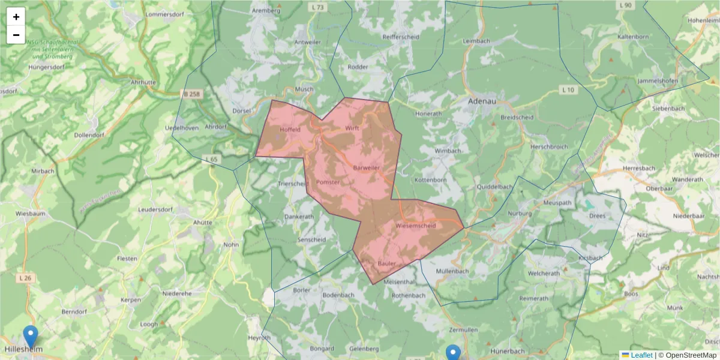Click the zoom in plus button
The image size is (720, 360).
point(16,17)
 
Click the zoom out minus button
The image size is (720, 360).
point(16,35)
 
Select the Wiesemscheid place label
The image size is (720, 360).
point(416,226)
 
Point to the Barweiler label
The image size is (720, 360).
point(367,167)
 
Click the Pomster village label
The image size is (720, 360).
point(328,182)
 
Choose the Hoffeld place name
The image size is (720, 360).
point(290,129)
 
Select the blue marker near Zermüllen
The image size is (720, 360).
point(453,353)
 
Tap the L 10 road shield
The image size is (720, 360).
point(568,89)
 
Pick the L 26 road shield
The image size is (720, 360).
point(25,278)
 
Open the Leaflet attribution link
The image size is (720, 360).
point(641,355)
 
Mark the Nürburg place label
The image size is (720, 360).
point(520,214)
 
